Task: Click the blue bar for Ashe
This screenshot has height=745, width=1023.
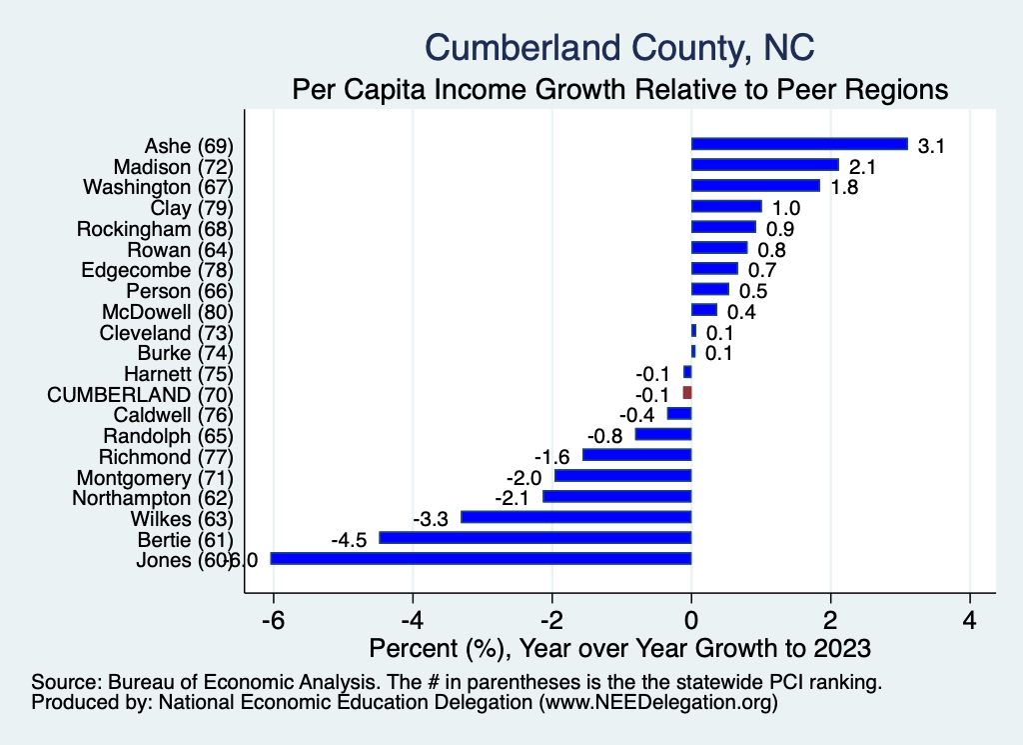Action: pyautogui.click(x=799, y=144)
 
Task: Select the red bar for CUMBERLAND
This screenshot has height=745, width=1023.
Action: pyautogui.click(x=687, y=393)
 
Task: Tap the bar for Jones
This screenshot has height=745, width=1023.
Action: pyautogui.click(x=481, y=559)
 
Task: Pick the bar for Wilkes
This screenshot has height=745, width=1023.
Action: pyautogui.click(x=575, y=517)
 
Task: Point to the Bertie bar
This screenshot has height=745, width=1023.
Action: pyautogui.click(x=534, y=538)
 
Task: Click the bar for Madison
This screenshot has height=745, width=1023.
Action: pyautogui.click(x=765, y=165)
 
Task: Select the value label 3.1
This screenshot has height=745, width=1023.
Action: pyautogui.click(x=931, y=146)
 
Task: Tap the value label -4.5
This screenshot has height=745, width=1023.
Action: pyautogui.click(x=350, y=540)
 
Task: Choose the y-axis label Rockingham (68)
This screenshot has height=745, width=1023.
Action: pyautogui.click(x=155, y=228)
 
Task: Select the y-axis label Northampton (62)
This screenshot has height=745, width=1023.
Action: pyautogui.click(x=153, y=497)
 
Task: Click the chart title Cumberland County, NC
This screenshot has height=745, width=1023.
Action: pyautogui.click(x=619, y=47)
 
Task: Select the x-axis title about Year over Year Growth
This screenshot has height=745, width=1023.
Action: pyautogui.click(x=619, y=647)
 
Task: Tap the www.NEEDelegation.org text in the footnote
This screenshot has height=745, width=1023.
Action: pyautogui.click(x=657, y=703)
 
